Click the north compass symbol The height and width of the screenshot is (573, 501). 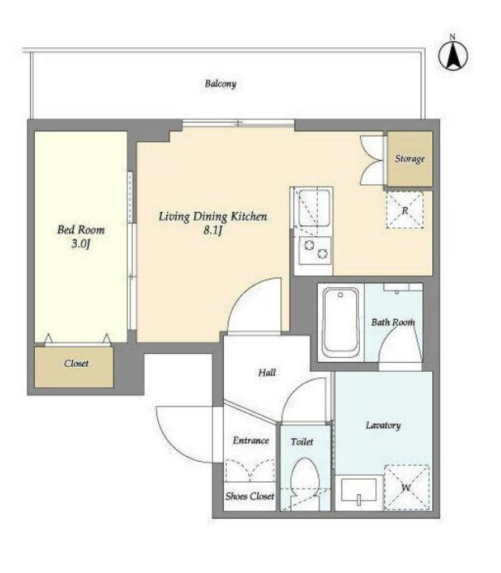(x=453, y=55)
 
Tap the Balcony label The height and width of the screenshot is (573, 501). (x=221, y=84)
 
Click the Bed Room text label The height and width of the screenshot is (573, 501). (x=81, y=230)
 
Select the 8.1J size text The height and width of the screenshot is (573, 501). (x=213, y=231)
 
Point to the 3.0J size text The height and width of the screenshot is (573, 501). (x=80, y=243)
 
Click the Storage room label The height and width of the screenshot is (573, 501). (x=409, y=159)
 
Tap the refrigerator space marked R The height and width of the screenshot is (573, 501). (x=405, y=210)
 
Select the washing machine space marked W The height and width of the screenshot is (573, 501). (x=406, y=488)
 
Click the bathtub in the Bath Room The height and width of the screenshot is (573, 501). (x=340, y=323)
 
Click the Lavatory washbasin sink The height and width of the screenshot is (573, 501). (x=358, y=490)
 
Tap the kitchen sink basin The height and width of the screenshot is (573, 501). (x=315, y=208)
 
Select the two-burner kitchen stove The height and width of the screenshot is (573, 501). (x=315, y=250)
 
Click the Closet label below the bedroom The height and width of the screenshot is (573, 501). (x=76, y=364)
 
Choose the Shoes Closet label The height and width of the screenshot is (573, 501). (x=250, y=496)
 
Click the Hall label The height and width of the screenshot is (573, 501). (x=267, y=373)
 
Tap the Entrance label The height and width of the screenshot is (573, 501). (x=250, y=441)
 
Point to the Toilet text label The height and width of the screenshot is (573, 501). (x=302, y=442)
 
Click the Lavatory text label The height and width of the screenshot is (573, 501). (x=383, y=425)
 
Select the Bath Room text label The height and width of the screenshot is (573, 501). (x=393, y=322)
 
